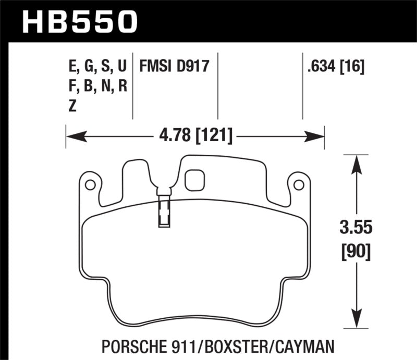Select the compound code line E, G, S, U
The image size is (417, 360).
tap(97, 67)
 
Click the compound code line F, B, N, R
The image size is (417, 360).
tap(97, 86)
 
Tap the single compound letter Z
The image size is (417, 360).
tap(72, 105)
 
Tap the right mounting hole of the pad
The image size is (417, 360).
tap(299, 184)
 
